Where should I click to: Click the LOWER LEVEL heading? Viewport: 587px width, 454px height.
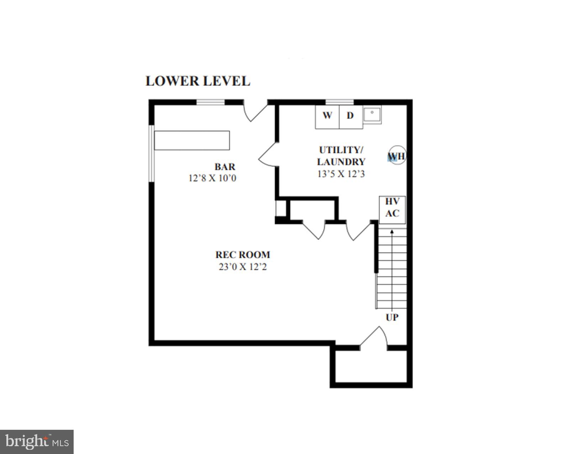197,81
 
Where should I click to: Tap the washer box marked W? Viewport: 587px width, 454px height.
327,116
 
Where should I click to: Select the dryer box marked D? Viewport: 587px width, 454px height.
350,116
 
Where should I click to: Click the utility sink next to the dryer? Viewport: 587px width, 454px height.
372,115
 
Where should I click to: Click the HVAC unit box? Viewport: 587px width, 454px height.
392,209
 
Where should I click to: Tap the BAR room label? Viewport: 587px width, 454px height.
225,167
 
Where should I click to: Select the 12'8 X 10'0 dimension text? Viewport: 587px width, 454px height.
212,178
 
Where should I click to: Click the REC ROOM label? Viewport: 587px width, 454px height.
243,255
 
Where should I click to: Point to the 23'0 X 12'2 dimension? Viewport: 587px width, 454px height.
243,267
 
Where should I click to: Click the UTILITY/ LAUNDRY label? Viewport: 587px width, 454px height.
341,156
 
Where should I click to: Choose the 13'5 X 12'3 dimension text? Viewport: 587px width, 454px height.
341,174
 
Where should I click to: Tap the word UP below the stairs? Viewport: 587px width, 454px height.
392,317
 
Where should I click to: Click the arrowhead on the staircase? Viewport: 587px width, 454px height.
392,231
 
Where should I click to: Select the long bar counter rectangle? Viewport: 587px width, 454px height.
192,140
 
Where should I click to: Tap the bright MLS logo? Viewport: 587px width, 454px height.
37,442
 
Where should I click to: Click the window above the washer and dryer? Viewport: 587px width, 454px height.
340,102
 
